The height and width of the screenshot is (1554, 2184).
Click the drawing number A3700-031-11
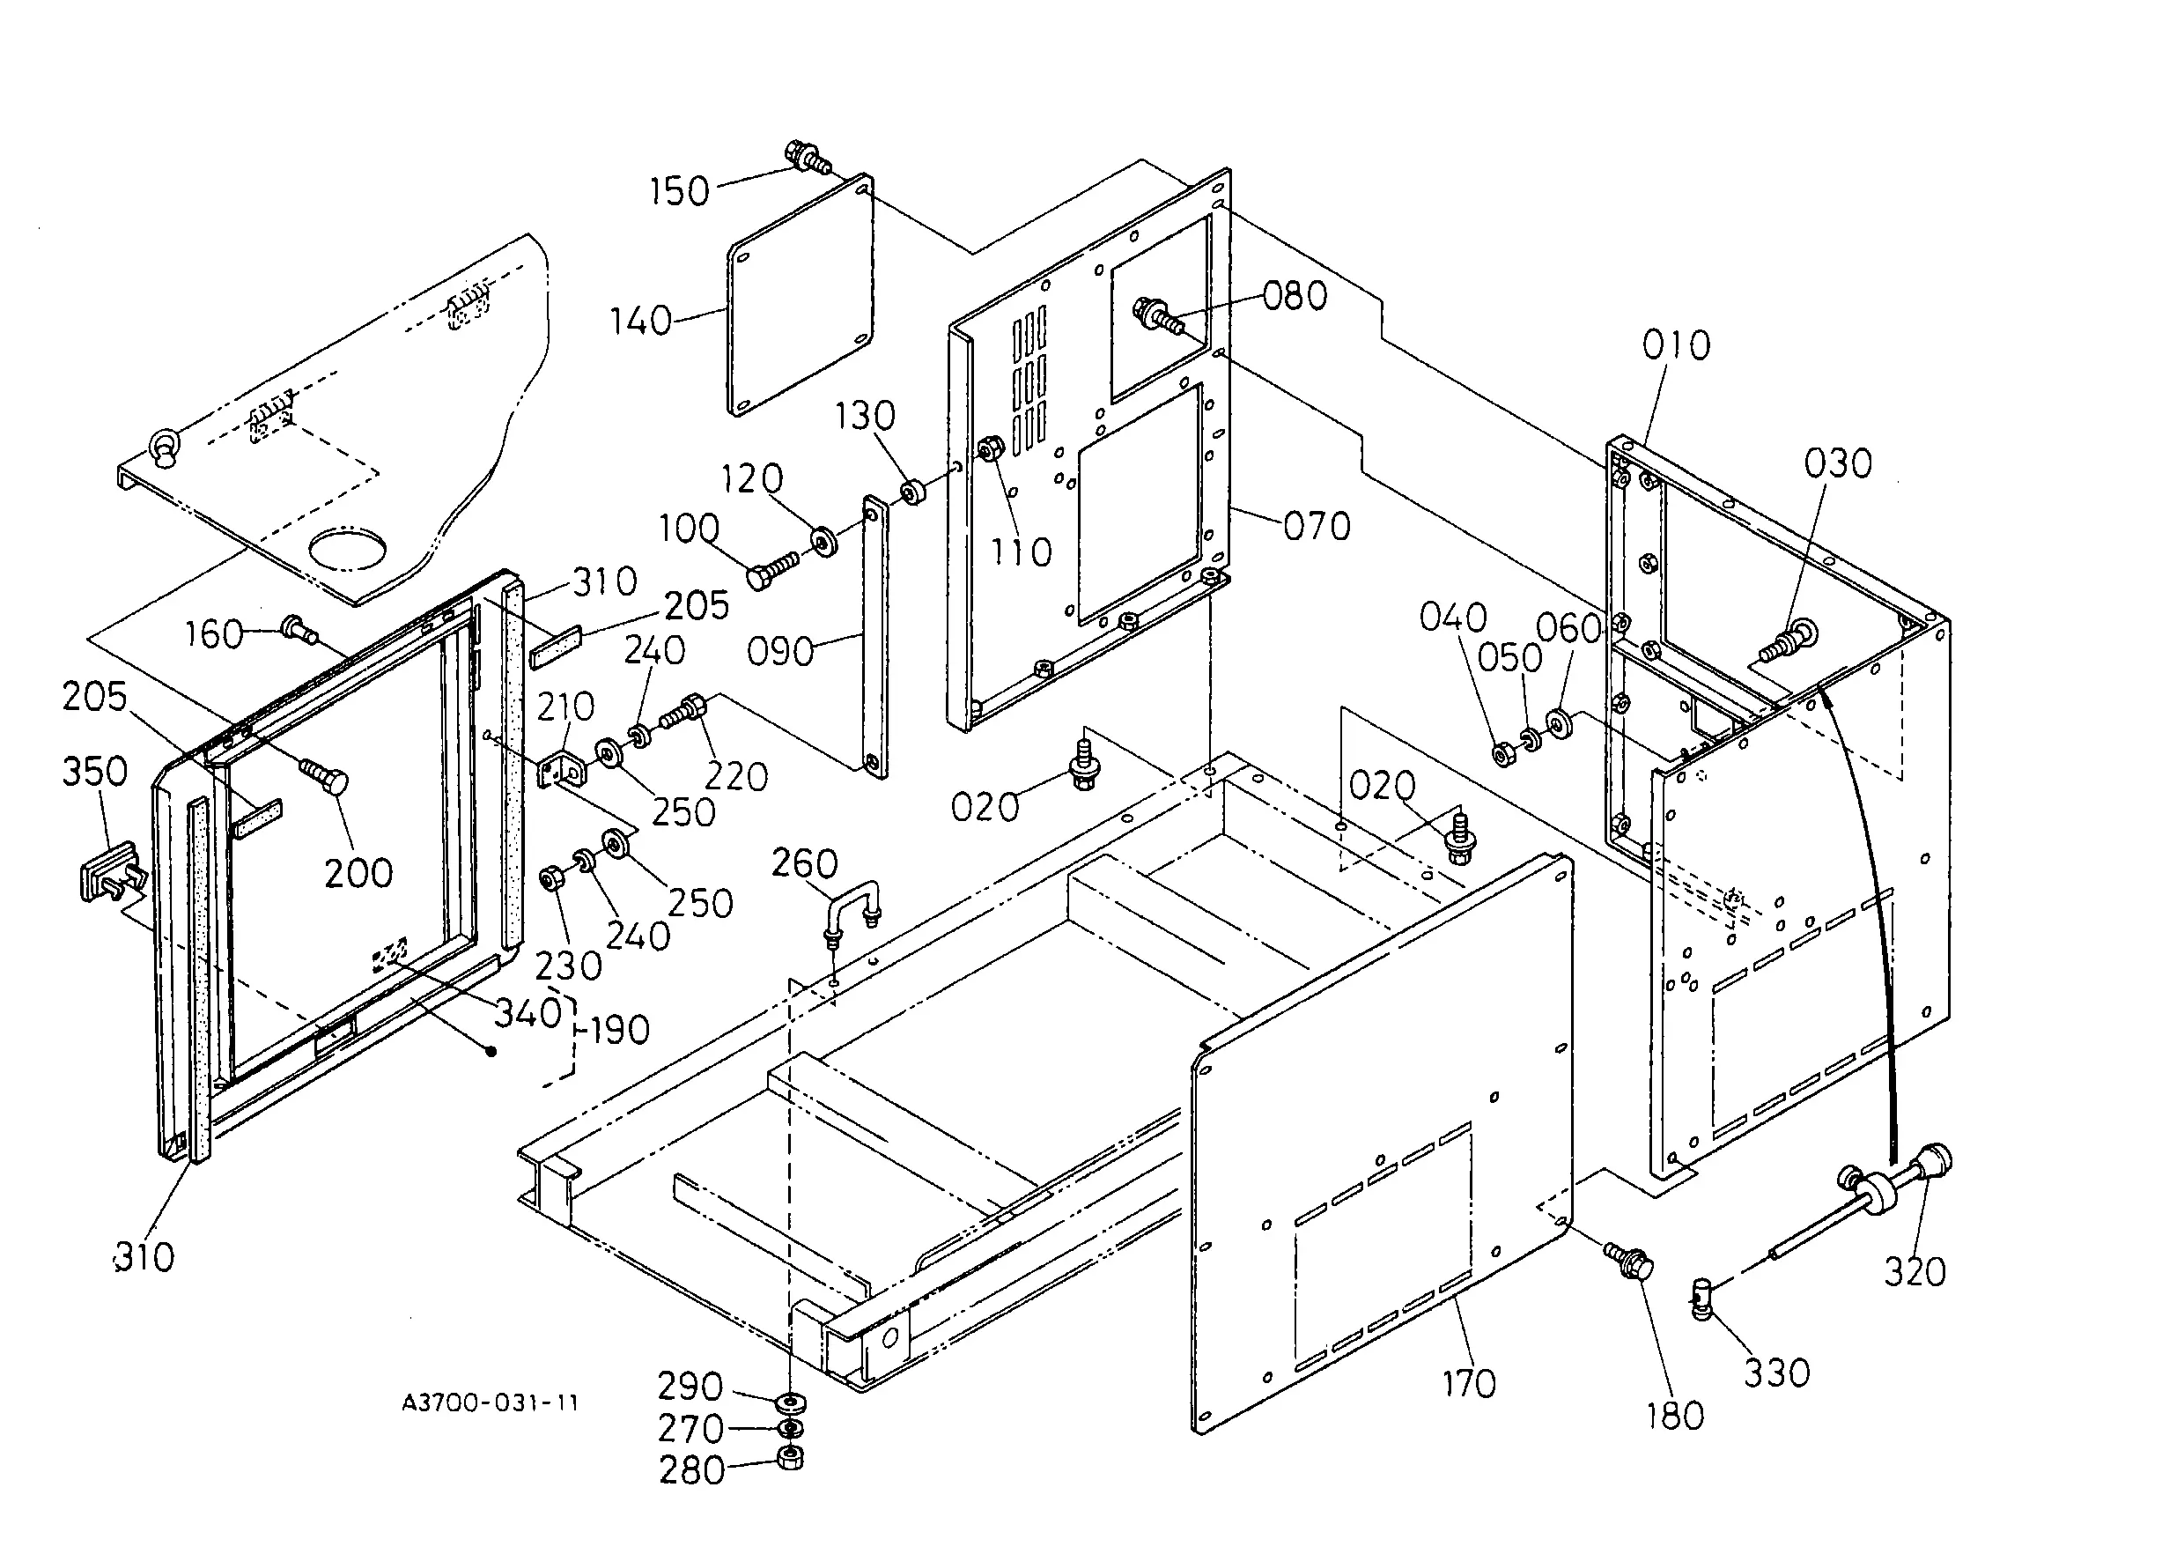coord(490,1402)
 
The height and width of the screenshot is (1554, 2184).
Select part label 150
coord(679,191)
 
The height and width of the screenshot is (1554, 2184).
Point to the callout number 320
coord(1915,1272)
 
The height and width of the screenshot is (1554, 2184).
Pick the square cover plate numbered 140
coord(801,296)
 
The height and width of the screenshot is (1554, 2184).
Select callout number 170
coord(1468,1384)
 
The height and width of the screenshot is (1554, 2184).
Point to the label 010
coord(1676,345)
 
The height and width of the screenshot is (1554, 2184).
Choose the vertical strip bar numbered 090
coord(874,636)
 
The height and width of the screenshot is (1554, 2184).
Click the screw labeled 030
coord(1789,640)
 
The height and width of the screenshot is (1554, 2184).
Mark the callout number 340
coord(528,1013)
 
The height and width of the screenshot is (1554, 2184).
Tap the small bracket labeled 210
coord(563,769)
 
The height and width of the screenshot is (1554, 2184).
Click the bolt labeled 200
coord(324,774)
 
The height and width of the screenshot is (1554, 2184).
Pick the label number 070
coord(1317,526)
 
